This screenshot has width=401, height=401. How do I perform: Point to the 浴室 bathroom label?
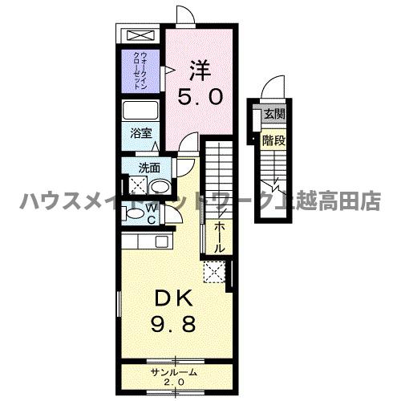(x=141, y=134)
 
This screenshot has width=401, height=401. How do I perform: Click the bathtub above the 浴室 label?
(x=142, y=111)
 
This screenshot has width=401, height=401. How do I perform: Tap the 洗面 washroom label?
(x=149, y=168)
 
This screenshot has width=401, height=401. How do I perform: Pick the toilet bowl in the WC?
(x=132, y=215)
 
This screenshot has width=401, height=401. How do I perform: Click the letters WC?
(x=150, y=213)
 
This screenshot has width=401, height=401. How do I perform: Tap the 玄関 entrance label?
(x=273, y=114)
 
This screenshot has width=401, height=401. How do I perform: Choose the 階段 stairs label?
(x=273, y=140)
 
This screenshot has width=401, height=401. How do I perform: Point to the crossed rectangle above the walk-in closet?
(x=141, y=36)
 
